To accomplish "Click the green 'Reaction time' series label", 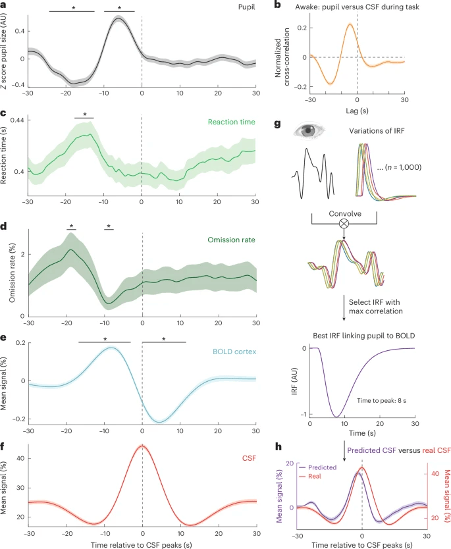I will coord(231,122).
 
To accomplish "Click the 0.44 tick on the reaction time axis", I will coord(15,120).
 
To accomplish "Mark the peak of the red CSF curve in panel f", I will coord(142,446).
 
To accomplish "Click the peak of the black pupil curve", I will coord(119,18).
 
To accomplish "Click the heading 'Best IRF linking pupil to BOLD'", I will coord(361,336).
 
